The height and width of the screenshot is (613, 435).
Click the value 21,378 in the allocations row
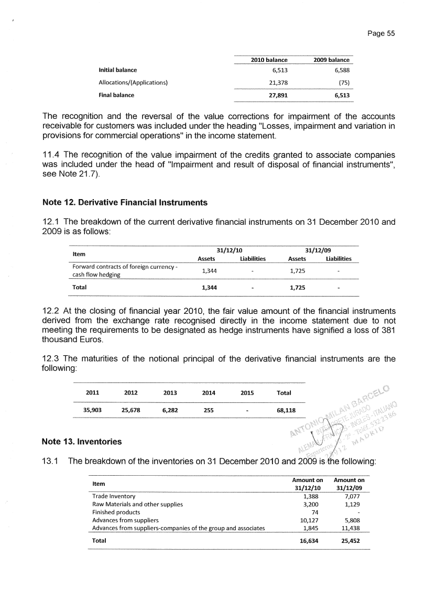click(278, 82)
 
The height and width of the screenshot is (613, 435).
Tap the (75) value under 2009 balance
click(343, 82)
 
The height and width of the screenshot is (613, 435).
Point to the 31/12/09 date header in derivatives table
click(318, 250)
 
